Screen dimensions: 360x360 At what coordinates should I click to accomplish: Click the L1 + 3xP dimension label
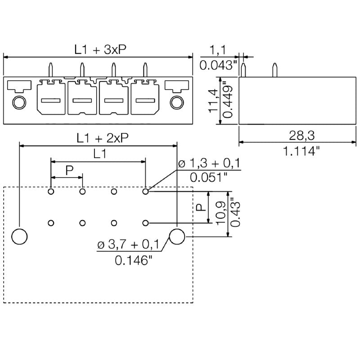tap(100, 50)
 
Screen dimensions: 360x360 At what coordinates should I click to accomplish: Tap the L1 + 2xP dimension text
tap(103, 139)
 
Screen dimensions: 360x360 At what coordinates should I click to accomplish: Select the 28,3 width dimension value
tap(301, 135)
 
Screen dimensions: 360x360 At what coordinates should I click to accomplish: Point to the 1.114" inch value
tap(301, 151)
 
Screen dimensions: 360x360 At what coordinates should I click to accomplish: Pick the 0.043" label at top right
tap(218, 65)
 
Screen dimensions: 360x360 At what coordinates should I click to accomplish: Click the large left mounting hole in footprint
tap(19, 236)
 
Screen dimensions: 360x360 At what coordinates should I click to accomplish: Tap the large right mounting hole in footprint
tap(177, 236)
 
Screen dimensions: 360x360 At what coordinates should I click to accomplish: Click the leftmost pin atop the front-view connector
tap(51, 70)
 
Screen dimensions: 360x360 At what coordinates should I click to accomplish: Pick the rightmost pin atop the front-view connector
tap(145, 70)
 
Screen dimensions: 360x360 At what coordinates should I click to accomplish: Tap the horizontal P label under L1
tap(69, 170)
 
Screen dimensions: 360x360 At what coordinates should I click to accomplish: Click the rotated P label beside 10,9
tap(201, 207)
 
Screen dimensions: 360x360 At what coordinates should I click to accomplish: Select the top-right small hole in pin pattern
tap(145, 192)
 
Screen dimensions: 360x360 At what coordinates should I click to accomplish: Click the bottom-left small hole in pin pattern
tap(51, 223)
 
